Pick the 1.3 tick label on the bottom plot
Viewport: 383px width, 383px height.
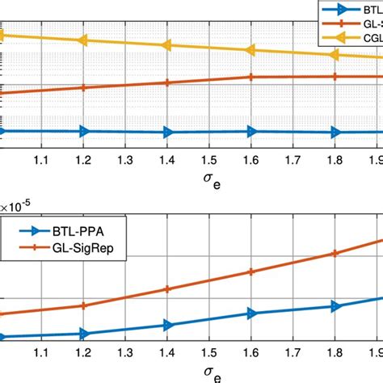pos(124,355)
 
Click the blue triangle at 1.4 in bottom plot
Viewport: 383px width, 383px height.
pos(167,326)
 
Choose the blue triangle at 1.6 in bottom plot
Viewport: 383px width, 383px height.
pos(251,314)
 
